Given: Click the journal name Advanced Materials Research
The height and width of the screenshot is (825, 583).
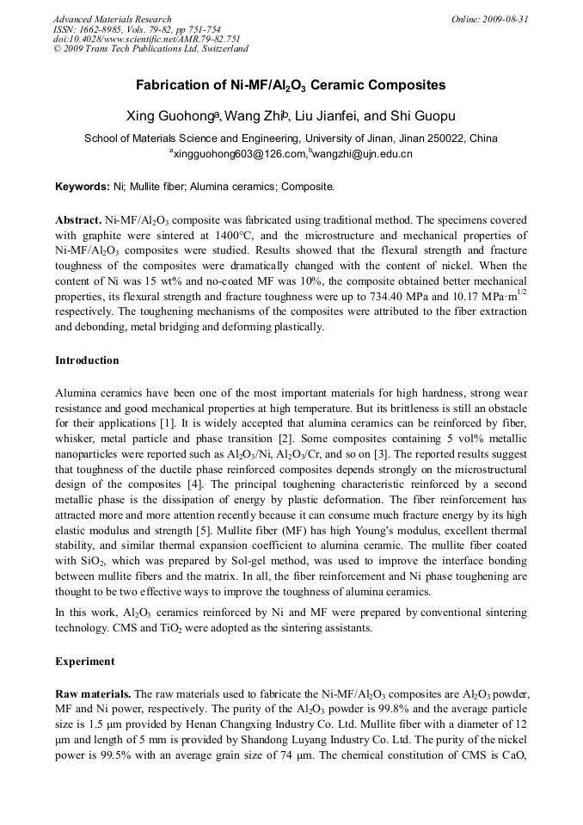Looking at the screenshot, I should click(x=112, y=19).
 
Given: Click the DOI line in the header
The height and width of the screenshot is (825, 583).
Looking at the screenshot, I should click(x=147, y=39).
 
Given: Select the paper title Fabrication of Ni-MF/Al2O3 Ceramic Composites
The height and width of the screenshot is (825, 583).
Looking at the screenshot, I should click(x=291, y=86).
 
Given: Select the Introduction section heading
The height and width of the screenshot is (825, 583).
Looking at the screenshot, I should click(x=87, y=360).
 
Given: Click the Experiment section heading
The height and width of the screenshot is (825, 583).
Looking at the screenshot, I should click(x=84, y=662).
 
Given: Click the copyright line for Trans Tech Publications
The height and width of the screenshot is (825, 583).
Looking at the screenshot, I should click(x=150, y=49).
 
